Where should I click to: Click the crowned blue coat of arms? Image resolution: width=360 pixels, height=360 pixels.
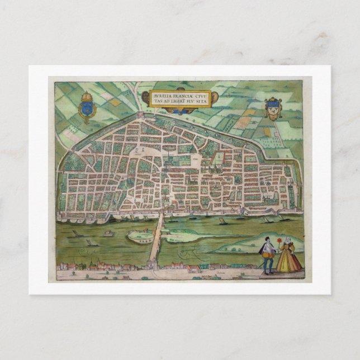point(87,108)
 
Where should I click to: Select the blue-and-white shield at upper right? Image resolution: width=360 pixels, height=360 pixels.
point(273,107)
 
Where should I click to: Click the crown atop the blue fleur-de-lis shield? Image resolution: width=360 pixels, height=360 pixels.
point(87,97)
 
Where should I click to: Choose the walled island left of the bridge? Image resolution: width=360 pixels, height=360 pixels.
point(139,236)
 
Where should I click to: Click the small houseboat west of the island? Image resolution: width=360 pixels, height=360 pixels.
point(108,234)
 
